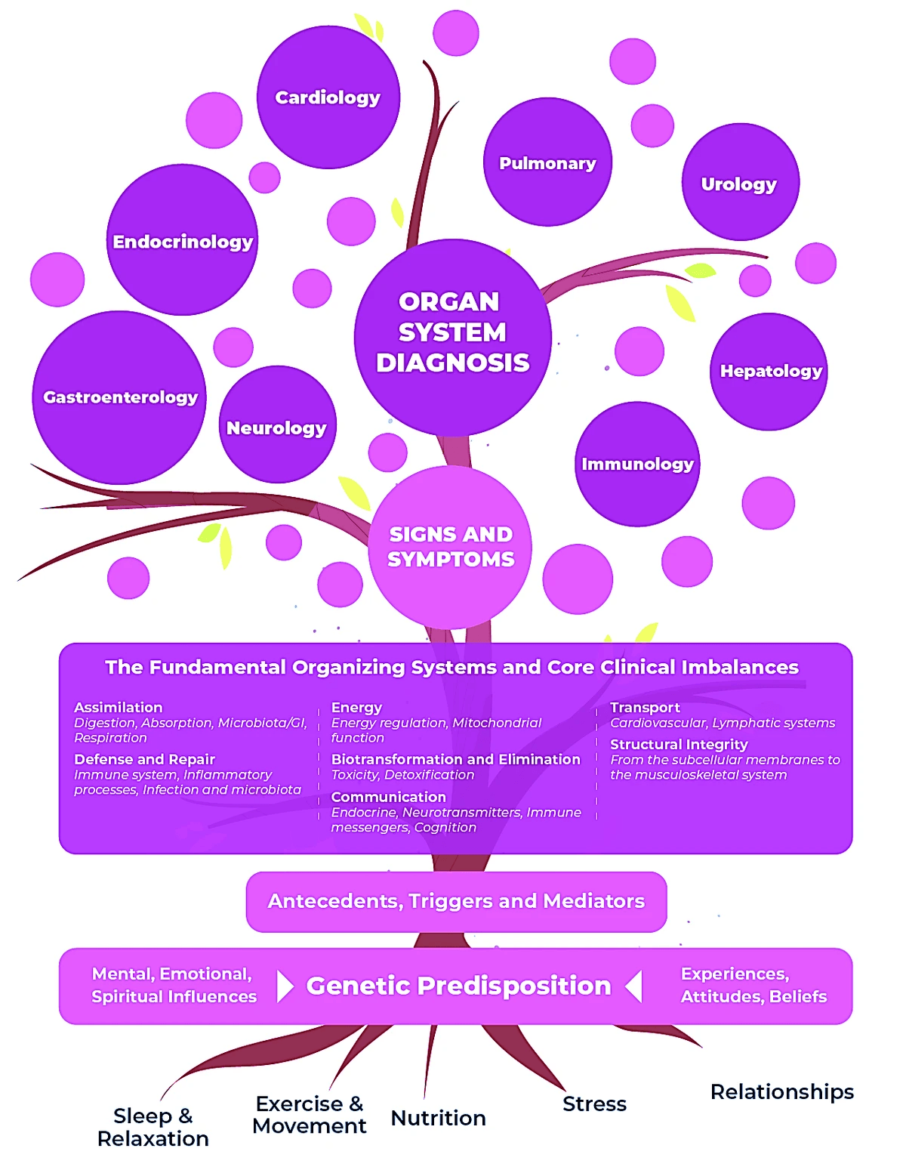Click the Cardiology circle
[x=328, y=97]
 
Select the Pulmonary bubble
[x=547, y=162]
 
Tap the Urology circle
[x=739, y=184]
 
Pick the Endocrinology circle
[x=183, y=241]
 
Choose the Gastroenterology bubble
[x=120, y=397]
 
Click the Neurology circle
[x=277, y=428]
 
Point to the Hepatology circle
[x=769, y=371]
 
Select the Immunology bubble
[x=637, y=464]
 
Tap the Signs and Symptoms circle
[x=451, y=546]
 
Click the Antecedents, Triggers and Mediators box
[x=456, y=901]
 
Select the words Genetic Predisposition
[x=458, y=986]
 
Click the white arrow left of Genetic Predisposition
[x=285, y=986]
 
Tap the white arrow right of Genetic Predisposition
[x=634, y=986]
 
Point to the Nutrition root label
[x=438, y=1118]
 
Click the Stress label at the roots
[x=594, y=1104]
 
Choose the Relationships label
[x=781, y=1091]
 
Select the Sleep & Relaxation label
[x=153, y=1127]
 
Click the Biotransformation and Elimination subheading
[x=455, y=759]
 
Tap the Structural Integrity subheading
[x=679, y=744]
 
